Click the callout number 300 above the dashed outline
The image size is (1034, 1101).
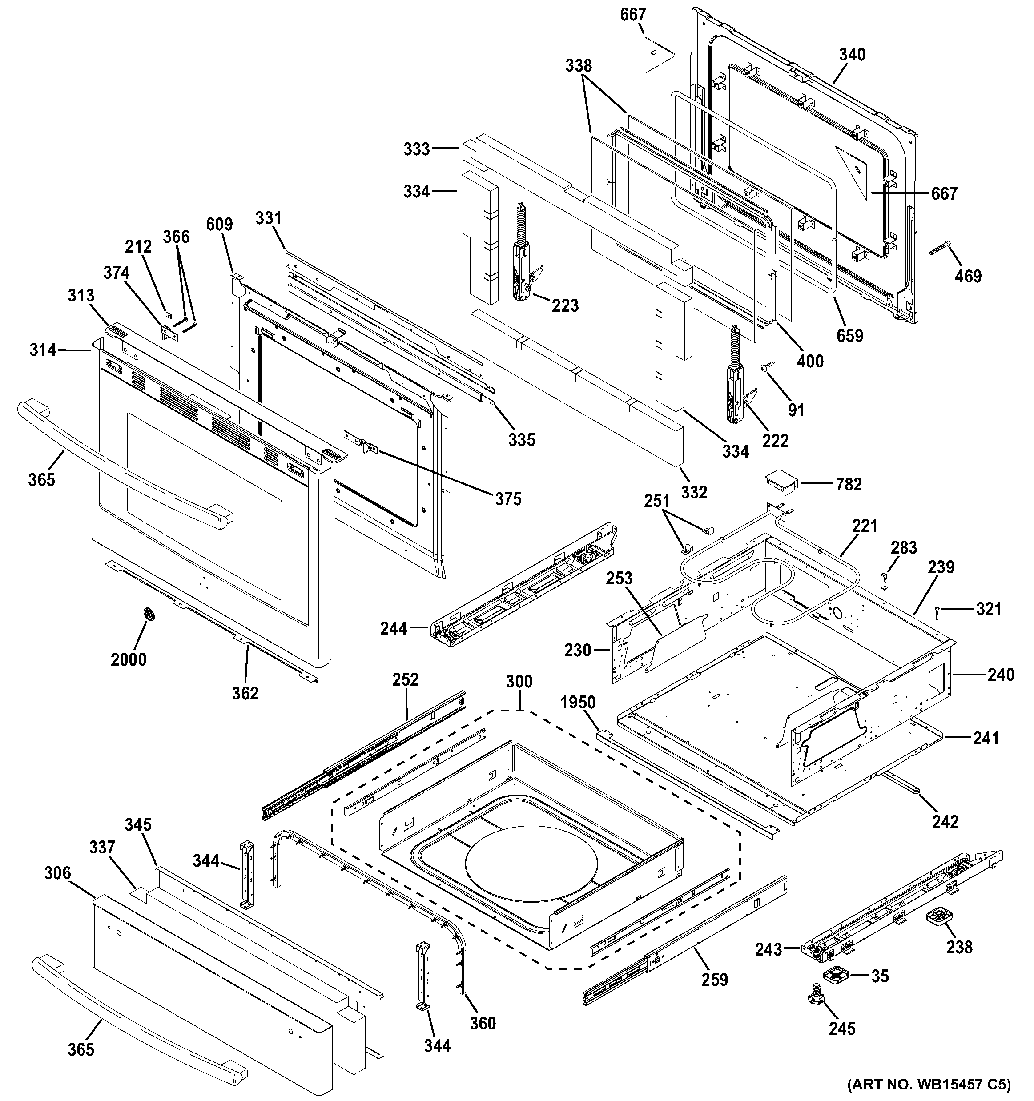click(x=519, y=681)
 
